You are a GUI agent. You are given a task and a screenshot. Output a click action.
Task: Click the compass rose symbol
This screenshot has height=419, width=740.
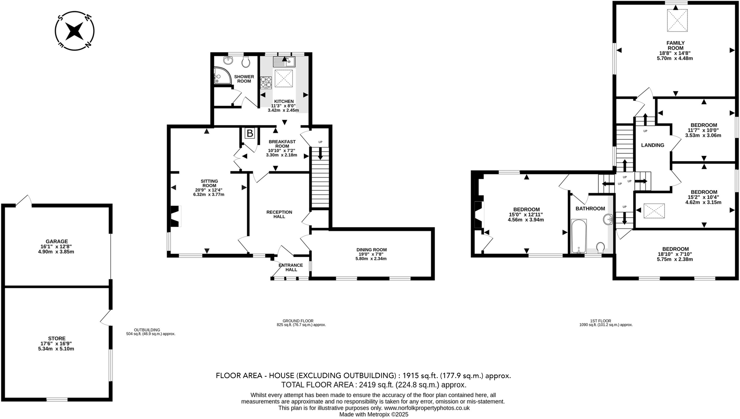74,31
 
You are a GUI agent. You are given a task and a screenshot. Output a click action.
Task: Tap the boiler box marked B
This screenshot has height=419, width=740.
250,133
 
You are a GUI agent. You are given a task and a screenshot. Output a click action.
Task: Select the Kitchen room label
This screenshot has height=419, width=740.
284,101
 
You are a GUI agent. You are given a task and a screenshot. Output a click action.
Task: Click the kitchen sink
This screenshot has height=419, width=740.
284,62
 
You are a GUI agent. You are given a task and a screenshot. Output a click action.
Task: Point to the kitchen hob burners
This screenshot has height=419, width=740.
266,82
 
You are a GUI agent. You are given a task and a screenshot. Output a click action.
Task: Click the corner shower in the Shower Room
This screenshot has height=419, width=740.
221,75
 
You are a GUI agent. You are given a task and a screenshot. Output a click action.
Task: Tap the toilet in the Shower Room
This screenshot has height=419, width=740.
246,62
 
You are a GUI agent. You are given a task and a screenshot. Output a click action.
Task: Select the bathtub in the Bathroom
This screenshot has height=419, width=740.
578,236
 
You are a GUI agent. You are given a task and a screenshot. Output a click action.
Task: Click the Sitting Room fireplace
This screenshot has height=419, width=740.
175,216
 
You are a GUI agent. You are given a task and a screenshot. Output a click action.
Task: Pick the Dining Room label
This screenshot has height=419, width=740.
371,250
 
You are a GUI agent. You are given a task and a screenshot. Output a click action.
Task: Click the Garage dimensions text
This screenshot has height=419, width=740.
56,249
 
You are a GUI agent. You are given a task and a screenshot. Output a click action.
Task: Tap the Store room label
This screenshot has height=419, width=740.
57,338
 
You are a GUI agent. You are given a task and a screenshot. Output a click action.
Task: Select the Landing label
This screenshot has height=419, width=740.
653,145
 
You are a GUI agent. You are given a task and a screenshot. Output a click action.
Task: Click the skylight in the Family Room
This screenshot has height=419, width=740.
677,20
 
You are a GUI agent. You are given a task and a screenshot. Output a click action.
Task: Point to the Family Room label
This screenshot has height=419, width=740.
675,46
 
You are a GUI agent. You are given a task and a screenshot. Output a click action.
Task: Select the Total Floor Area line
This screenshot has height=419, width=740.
374,385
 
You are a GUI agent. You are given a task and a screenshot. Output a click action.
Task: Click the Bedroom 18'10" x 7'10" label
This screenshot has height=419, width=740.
675,249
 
